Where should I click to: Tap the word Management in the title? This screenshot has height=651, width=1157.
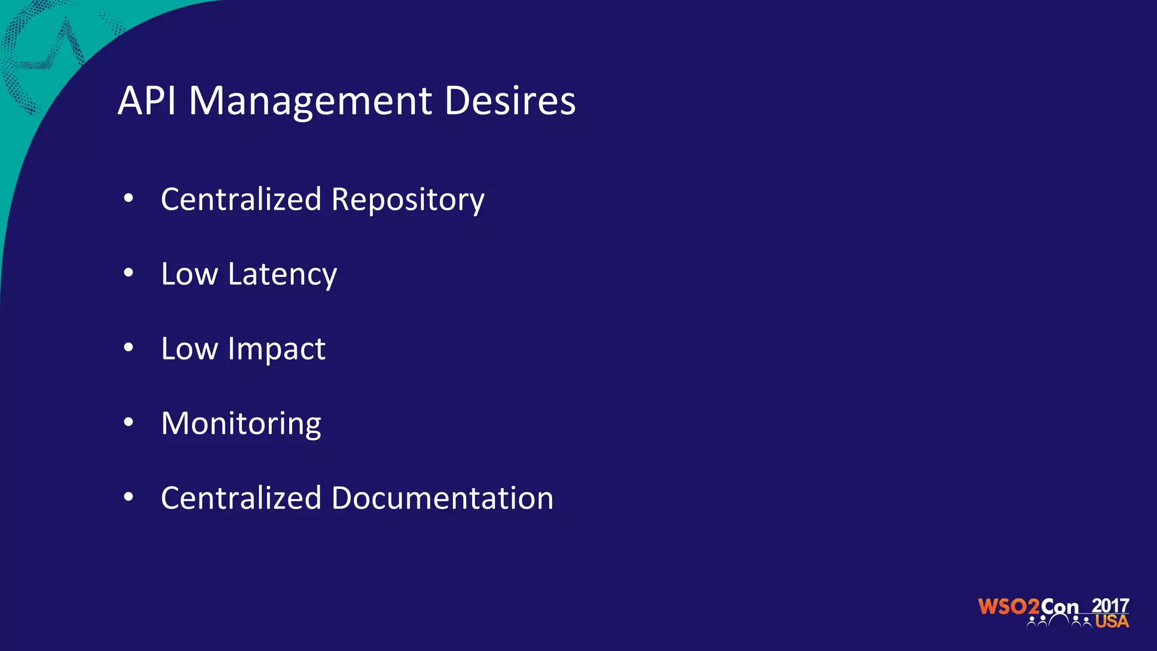(x=310, y=102)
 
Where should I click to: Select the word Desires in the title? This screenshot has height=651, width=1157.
(x=510, y=101)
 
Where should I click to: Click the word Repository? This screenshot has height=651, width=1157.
(x=407, y=201)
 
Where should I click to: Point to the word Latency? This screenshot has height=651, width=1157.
(x=282, y=275)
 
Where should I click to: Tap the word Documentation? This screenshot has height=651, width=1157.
(x=442, y=498)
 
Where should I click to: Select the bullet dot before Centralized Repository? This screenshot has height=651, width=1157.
(x=129, y=198)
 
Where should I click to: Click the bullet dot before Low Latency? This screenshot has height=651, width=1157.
(x=129, y=273)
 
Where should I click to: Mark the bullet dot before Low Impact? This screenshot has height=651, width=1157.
(x=129, y=348)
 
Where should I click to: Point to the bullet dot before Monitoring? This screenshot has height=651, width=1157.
(x=129, y=422)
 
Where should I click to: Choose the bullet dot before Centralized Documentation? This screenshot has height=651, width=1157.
(x=129, y=497)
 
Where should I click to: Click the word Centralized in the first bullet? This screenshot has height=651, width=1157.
(x=241, y=199)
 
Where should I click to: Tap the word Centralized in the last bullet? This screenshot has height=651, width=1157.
(x=241, y=498)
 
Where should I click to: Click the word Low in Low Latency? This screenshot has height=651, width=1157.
(x=189, y=274)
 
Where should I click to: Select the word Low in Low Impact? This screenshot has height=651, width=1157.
(x=189, y=349)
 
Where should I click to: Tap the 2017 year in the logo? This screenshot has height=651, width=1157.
(x=1110, y=606)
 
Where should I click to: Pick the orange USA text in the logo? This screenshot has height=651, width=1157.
(x=1112, y=622)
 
